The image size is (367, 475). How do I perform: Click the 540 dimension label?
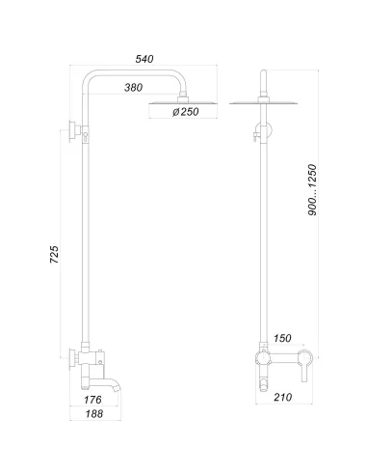pyautogui.click(x=144, y=59)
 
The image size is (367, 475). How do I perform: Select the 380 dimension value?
pyautogui.click(x=133, y=87)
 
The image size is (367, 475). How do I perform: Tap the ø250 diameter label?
pyautogui.click(x=186, y=112)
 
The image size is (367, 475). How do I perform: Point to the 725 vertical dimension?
pyautogui.click(x=55, y=255)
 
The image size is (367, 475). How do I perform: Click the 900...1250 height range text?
pyautogui.click(x=312, y=190)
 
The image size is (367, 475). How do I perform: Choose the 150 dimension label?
pyautogui.click(x=282, y=338)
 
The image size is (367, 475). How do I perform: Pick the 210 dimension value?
pyautogui.click(x=283, y=397)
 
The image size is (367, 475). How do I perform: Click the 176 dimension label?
pyautogui.click(x=92, y=400)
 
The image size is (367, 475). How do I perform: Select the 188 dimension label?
pyautogui.click(x=94, y=414)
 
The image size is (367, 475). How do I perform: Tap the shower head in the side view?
pyautogui.click(x=183, y=103)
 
